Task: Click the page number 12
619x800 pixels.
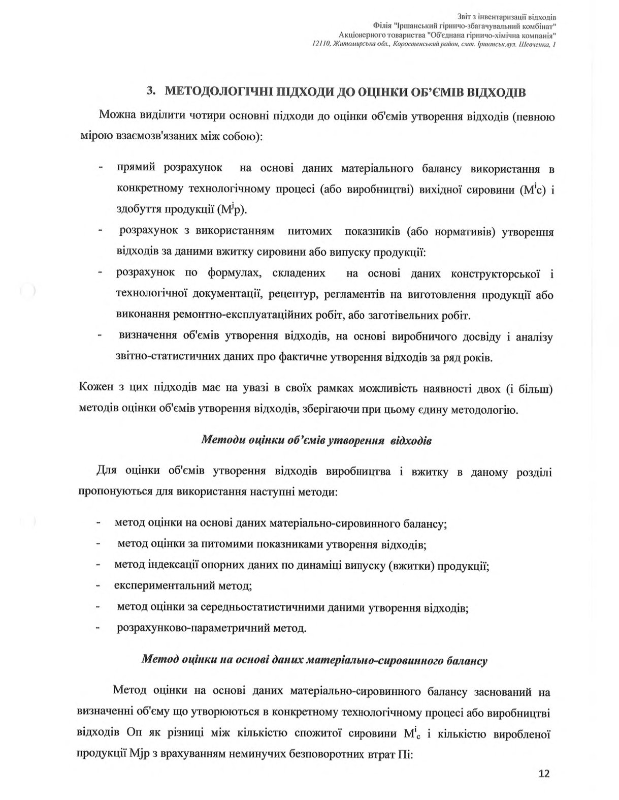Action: pyautogui.click(x=544, y=774)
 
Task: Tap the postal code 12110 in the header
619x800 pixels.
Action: pyautogui.click(x=321, y=45)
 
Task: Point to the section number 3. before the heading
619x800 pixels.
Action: pyautogui.click(x=150, y=91)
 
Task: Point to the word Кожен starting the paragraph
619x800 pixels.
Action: pyautogui.click(x=96, y=389)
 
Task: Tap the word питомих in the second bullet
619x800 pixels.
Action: pyautogui.click(x=309, y=231)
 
